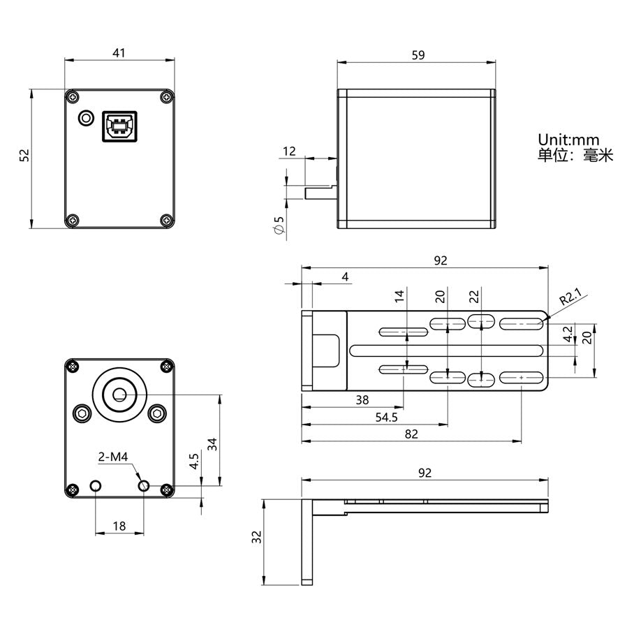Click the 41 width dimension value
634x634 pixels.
tap(119, 52)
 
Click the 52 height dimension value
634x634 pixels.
tap(24, 156)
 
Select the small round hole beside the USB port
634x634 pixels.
tap(87, 117)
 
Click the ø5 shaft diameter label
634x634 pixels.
tap(279, 226)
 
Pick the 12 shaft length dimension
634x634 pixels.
tap(289, 151)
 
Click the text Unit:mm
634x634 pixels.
tap(568, 140)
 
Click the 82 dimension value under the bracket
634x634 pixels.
tap(411, 434)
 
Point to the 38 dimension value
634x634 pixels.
tap(362, 400)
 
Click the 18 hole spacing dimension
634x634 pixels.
tap(119, 526)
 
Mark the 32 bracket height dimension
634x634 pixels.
tap(256, 537)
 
